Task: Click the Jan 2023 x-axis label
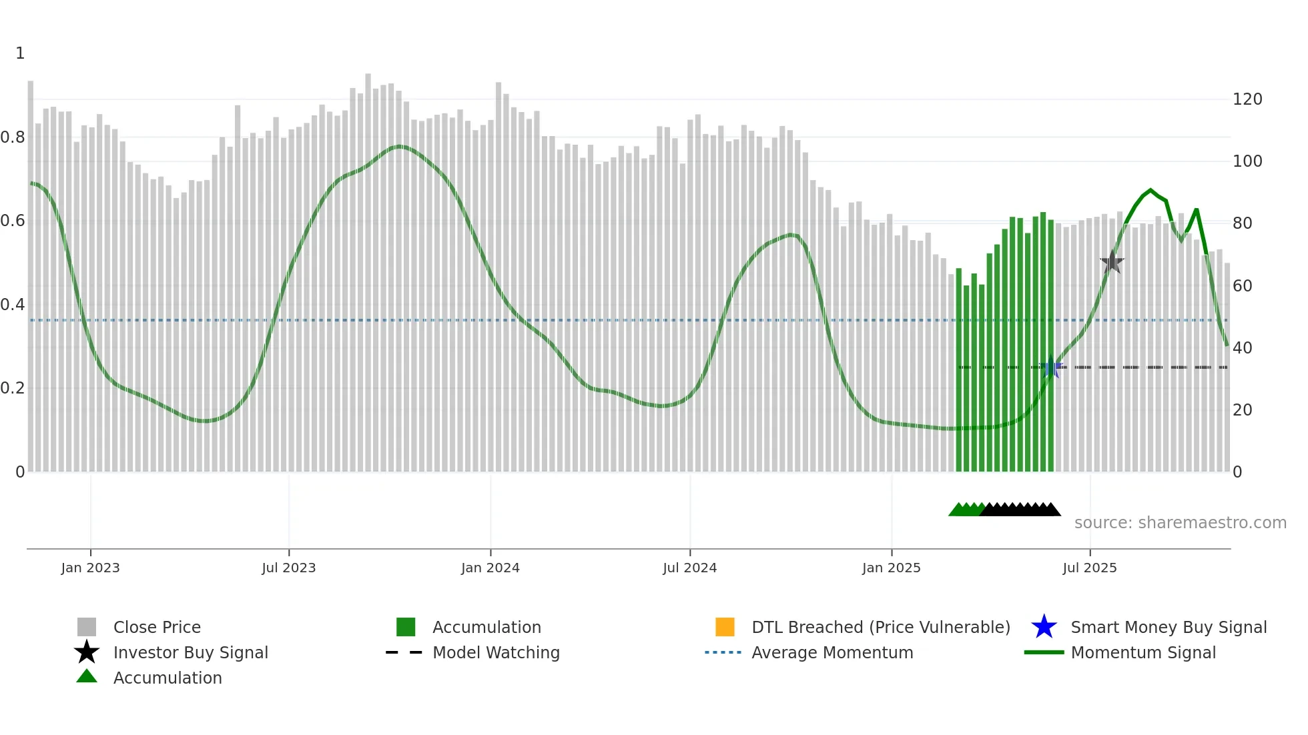coord(90,568)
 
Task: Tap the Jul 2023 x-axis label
coord(288,568)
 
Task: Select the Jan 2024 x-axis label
coord(490,568)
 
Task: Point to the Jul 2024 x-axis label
coord(689,568)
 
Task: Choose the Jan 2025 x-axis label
coord(891,568)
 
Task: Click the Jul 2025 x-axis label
coord(1089,568)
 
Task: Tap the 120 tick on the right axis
coord(1247,99)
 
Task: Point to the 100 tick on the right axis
coord(1247,161)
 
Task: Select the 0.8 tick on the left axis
coord(13,137)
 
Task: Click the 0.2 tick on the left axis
coord(13,388)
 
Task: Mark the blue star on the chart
coord(1050,367)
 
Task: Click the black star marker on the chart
coord(1112,262)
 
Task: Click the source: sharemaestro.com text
coord(1180,523)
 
